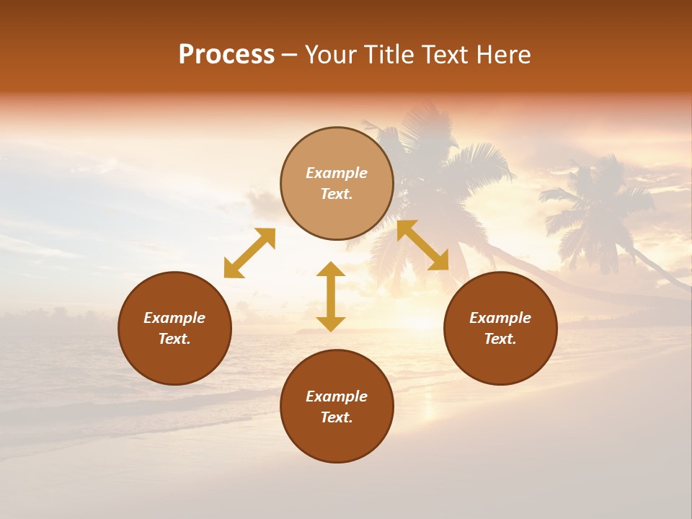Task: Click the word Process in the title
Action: (226, 55)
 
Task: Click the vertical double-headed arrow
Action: (331, 296)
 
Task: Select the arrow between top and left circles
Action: (249, 253)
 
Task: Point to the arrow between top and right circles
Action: (422, 245)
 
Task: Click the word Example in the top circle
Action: (337, 173)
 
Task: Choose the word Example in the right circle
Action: (500, 318)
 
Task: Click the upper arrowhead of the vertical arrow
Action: (331, 270)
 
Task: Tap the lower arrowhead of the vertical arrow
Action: (331, 324)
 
